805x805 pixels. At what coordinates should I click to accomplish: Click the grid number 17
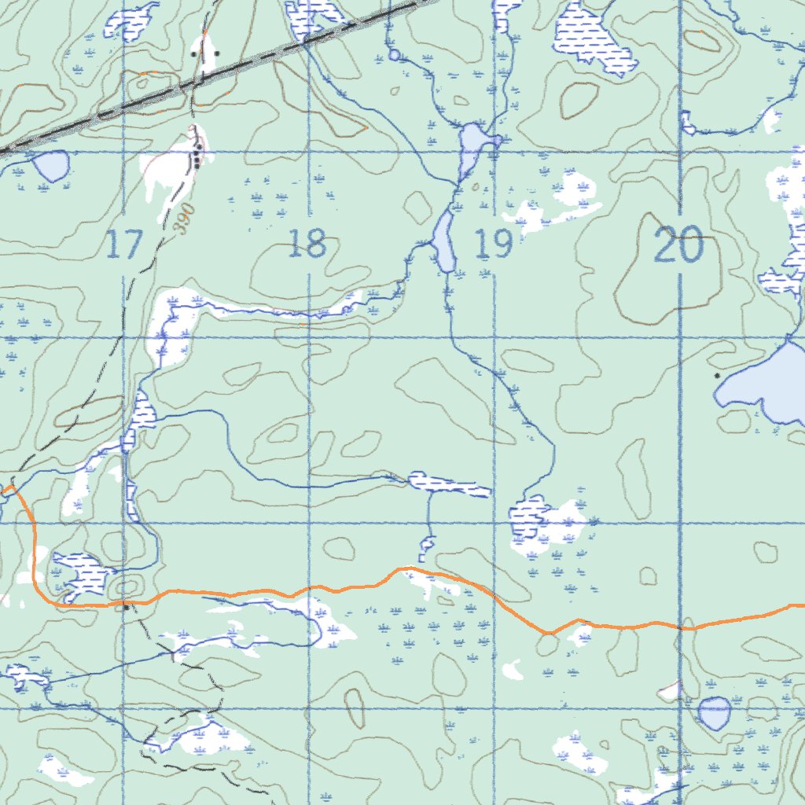point(123,244)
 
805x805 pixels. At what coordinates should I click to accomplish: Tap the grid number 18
point(307,244)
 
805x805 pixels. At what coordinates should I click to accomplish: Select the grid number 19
point(494,244)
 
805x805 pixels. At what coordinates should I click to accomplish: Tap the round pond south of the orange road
point(715,713)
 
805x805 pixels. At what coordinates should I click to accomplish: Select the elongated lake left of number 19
point(443,241)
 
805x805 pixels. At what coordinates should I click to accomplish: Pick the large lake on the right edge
point(766,383)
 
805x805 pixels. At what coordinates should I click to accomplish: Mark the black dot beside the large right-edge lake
point(717,376)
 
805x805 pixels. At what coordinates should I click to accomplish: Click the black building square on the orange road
point(126,607)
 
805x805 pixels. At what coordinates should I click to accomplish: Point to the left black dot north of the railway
point(195,54)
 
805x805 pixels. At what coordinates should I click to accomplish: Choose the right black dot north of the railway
point(216,54)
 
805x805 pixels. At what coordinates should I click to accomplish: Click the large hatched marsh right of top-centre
point(591,38)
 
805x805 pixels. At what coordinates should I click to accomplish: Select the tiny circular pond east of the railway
point(394,55)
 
